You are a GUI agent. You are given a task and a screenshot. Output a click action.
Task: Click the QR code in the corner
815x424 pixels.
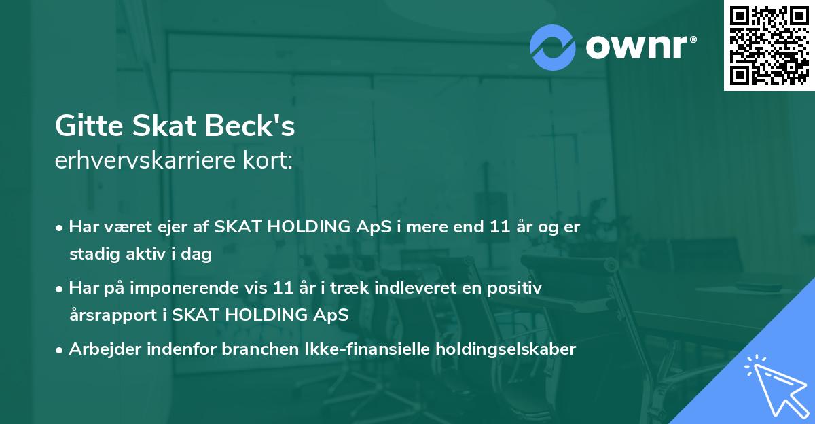769,45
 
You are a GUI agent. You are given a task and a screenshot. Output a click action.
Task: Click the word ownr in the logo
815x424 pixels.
639,46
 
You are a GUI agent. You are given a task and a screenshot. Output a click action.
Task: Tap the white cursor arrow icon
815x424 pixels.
774,383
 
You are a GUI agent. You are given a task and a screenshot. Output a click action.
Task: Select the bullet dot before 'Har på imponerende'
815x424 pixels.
60,289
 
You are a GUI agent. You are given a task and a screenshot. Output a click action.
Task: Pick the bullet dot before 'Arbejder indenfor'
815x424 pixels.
60,350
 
